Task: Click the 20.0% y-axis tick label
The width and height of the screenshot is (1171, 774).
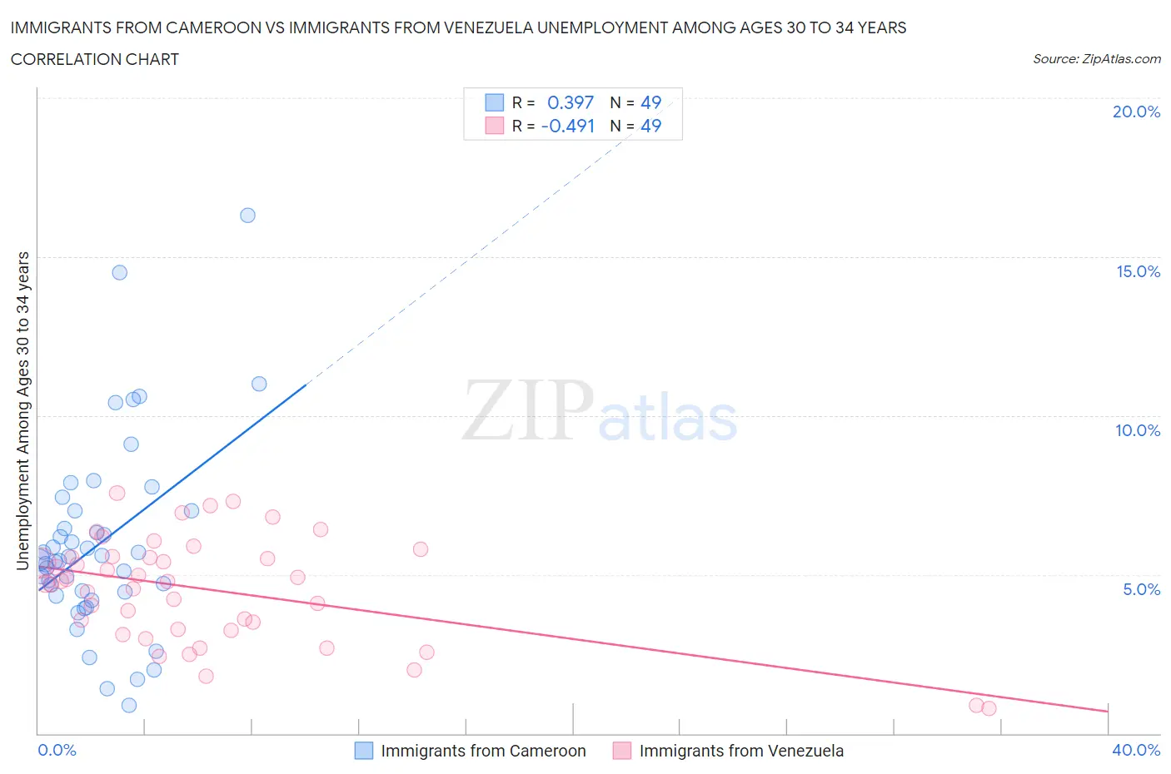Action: point(1136,112)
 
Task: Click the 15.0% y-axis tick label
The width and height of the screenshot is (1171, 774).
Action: point(1138,272)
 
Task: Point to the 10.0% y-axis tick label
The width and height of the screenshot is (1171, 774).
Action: point(1138,431)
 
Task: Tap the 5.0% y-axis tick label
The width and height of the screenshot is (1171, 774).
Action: point(1141,590)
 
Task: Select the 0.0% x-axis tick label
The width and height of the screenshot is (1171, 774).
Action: point(57,751)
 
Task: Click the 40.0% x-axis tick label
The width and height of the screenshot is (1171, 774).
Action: point(1136,751)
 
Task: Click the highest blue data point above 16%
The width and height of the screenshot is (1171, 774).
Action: point(247,216)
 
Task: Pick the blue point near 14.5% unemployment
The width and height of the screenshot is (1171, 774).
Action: point(120,273)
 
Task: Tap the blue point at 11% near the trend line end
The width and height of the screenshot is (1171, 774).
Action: point(259,384)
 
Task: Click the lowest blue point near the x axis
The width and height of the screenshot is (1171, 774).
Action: point(129,705)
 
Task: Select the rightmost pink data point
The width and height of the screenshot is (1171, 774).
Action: point(989,708)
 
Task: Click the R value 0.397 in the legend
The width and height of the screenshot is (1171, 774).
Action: point(571,102)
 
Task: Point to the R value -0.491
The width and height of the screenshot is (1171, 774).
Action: point(568,127)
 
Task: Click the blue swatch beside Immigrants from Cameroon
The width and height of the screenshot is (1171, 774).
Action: point(364,751)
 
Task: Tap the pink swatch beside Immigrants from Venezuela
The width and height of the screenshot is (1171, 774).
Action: point(622,751)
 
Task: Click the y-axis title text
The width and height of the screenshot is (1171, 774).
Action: point(22,411)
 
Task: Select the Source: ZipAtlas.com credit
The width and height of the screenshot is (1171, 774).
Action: point(1096,59)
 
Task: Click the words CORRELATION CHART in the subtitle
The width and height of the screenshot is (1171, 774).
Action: point(95,60)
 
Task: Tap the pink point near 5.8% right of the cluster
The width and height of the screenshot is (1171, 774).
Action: point(421,549)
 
